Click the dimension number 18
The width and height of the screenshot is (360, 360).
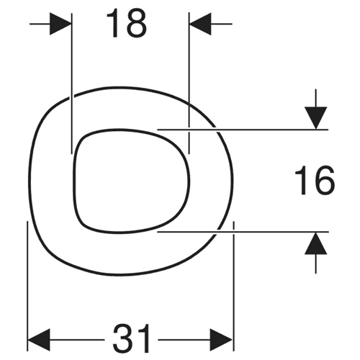tap(127, 24)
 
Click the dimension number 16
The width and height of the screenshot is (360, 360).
tap(315, 180)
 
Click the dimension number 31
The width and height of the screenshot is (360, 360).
tap(132, 338)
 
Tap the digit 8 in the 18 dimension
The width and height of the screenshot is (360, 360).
tap(136, 24)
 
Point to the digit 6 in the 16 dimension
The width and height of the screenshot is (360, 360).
tap(325, 180)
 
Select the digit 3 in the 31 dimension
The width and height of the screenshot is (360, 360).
tap(122, 338)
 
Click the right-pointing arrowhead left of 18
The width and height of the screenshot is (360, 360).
tap(60, 24)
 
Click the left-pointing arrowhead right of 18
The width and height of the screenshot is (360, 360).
tap(200, 24)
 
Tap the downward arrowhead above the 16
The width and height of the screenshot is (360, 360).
tap(316, 118)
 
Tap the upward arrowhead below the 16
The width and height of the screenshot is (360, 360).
tap(316, 243)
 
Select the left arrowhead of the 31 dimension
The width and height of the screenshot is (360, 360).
tap(39, 340)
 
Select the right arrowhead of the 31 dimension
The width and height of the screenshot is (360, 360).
tap(221, 340)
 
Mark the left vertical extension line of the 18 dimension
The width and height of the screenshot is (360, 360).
tap(72, 84)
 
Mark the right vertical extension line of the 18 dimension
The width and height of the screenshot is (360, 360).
tap(189, 84)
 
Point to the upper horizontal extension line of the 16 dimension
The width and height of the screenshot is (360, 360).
tap(243, 130)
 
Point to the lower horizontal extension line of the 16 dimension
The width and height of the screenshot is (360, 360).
tap(243, 232)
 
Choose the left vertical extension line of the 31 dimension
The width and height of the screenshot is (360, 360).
tap(27, 286)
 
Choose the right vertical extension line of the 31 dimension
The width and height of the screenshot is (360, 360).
tap(233, 286)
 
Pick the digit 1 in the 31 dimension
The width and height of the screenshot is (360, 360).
tap(144, 338)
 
